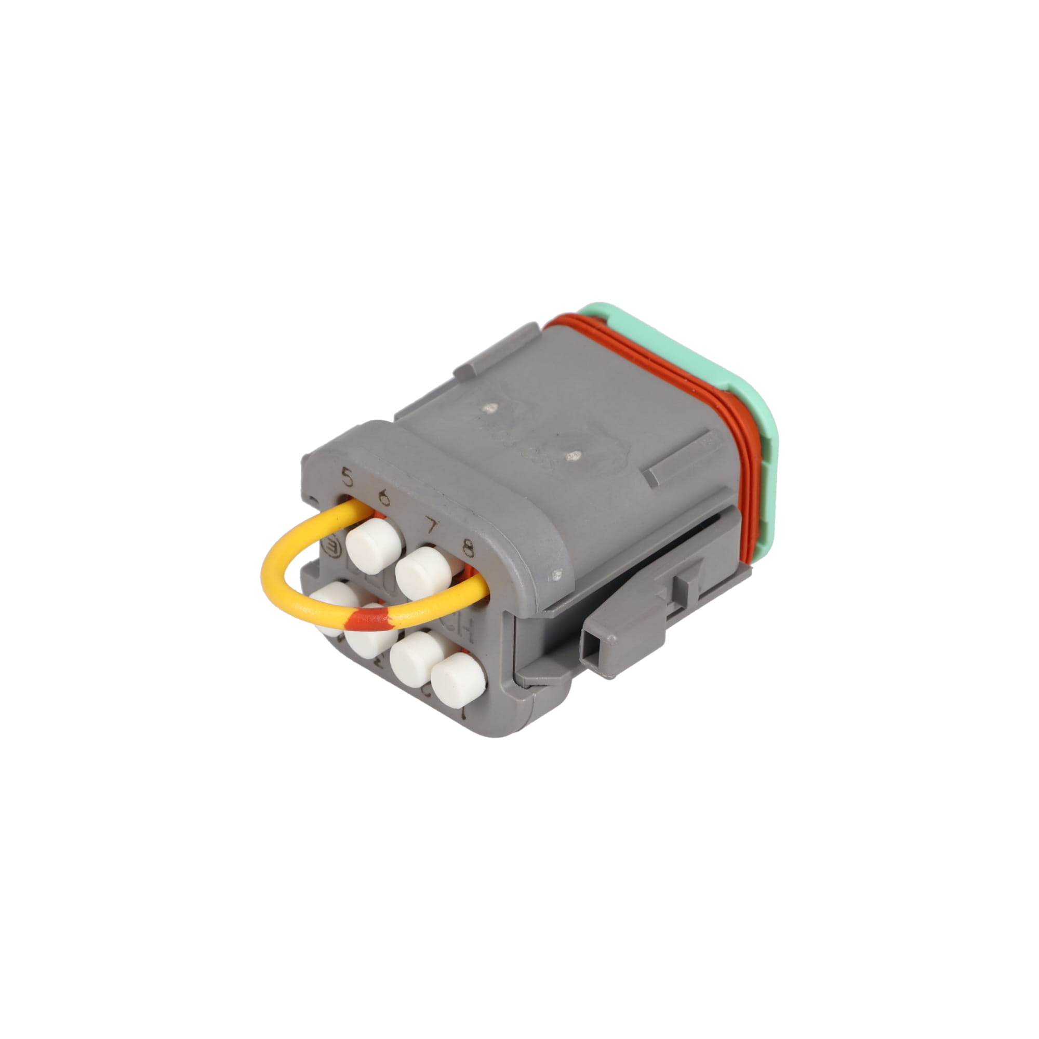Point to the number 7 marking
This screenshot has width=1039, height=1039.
pyautogui.click(x=431, y=525)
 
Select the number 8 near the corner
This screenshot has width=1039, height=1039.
pyautogui.click(x=468, y=551)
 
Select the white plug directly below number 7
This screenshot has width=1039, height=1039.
pyautogui.click(x=424, y=572)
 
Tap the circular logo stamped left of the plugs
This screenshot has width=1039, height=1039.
pyautogui.click(x=332, y=547)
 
